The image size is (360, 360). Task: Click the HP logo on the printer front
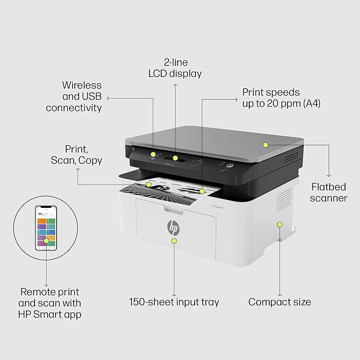173,227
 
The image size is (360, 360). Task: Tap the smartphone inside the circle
46,228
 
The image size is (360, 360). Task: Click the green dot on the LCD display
175,158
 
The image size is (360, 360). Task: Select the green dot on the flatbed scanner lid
266,145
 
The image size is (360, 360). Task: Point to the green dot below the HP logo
174,241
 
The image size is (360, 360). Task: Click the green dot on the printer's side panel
279,225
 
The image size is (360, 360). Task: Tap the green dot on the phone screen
46,241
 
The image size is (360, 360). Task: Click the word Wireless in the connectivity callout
82,85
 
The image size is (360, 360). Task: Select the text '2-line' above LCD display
175,62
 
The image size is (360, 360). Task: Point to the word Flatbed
329,187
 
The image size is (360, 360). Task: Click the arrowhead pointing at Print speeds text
236,100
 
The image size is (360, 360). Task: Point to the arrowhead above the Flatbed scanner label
329,175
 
